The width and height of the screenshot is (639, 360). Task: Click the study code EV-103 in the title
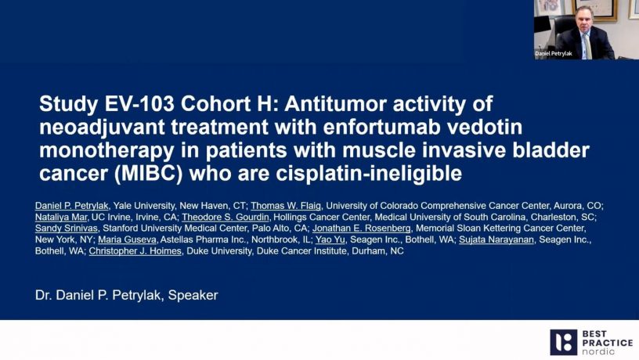pyautogui.click(x=139, y=104)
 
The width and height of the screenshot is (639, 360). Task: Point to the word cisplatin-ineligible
pyautogui.click(x=369, y=174)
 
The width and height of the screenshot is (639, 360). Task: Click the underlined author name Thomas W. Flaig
pyautogui.click(x=286, y=206)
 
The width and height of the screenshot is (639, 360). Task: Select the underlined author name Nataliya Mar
pyautogui.click(x=61, y=217)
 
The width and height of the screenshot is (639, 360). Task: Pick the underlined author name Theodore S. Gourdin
pyautogui.click(x=226, y=217)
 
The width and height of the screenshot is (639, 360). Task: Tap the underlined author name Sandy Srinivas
pyautogui.click(x=67, y=228)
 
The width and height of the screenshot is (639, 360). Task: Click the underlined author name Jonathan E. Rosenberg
pyautogui.click(x=362, y=228)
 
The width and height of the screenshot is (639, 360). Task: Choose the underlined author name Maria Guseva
pyautogui.click(x=127, y=239)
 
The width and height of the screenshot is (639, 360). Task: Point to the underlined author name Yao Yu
pyautogui.click(x=330, y=239)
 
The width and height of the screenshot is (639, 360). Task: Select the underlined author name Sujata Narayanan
pyautogui.click(x=496, y=239)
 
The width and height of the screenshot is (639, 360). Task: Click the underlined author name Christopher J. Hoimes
pyautogui.click(x=135, y=251)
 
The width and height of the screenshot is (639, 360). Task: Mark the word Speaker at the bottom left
pyautogui.click(x=193, y=295)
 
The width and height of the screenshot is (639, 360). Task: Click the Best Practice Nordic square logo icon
pyautogui.click(x=563, y=343)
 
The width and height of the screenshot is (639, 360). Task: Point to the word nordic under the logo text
pyautogui.click(x=598, y=351)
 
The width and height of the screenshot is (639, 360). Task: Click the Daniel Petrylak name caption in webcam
pyautogui.click(x=554, y=53)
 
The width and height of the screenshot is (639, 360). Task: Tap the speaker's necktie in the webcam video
pyautogui.click(x=587, y=45)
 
